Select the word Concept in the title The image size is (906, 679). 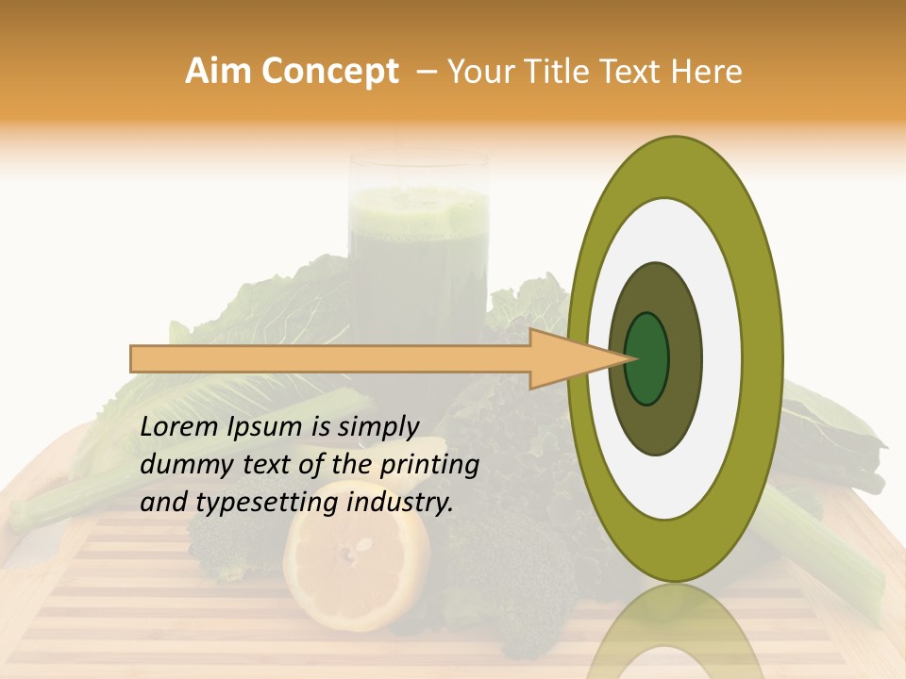tap(330, 72)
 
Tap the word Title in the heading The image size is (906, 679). tap(550, 72)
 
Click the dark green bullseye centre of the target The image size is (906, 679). tap(647, 359)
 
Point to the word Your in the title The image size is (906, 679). tap(478, 72)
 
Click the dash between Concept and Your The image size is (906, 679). tap(426, 72)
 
